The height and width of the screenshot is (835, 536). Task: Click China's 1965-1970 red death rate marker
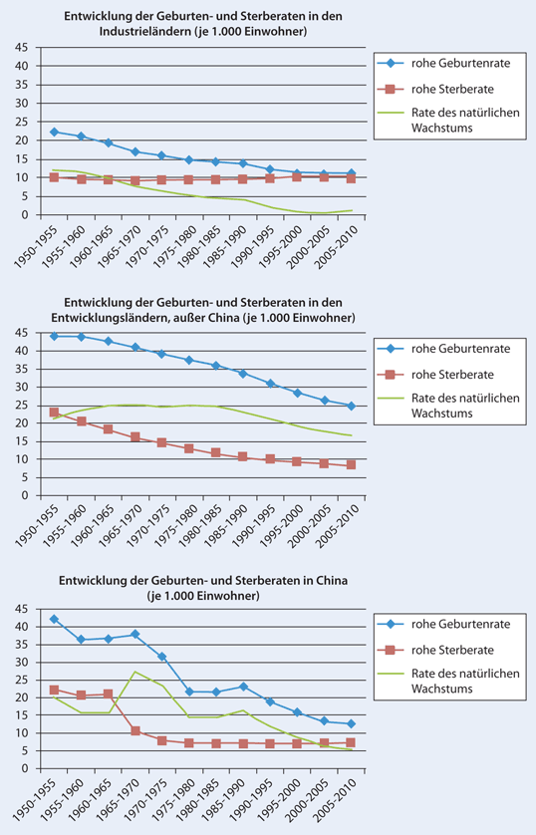tap(134, 731)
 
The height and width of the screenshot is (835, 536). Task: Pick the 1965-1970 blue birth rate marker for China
tap(134, 634)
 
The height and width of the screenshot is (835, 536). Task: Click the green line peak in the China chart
tap(134, 672)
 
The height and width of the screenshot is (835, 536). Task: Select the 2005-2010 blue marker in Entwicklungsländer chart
tap(350, 406)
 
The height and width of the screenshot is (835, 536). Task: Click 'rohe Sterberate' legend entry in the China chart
tap(453, 649)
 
